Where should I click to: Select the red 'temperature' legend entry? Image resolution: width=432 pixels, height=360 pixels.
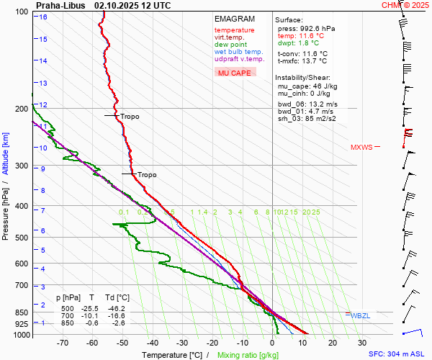point(234,30)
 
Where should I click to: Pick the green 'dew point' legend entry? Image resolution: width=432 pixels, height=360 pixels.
point(230,45)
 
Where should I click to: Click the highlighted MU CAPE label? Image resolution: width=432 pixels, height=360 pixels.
point(235,73)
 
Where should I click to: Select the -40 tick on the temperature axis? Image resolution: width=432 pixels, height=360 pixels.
point(152,343)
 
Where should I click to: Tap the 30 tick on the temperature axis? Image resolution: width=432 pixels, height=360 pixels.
point(362,343)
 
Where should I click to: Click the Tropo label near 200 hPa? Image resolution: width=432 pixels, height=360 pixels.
point(130,116)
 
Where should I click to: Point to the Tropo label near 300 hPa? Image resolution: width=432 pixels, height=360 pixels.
point(147,175)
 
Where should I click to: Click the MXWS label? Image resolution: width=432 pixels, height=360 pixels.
point(361,148)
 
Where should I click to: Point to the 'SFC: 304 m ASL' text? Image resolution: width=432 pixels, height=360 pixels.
point(397,354)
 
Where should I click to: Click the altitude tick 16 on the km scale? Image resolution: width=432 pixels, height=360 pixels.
point(43,17)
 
